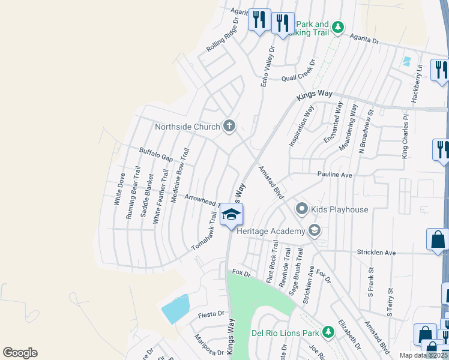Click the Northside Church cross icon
pyautogui.click(x=229, y=126)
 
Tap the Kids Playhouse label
pyautogui.click(x=340, y=209)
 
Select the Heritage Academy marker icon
pyautogui.click(x=314, y=231)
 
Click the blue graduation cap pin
pyautogui.click(x=231, y=215)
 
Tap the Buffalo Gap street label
pyautogui.click(x=156, y=155)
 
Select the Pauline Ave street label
pyautogui.click(x=334, y=175)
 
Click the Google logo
pyautogui.click(x=20, y=353)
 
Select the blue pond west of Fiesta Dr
pyautogui.click(x=175, y=309)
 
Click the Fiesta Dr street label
pyautogui.click(x=211, y=314)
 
